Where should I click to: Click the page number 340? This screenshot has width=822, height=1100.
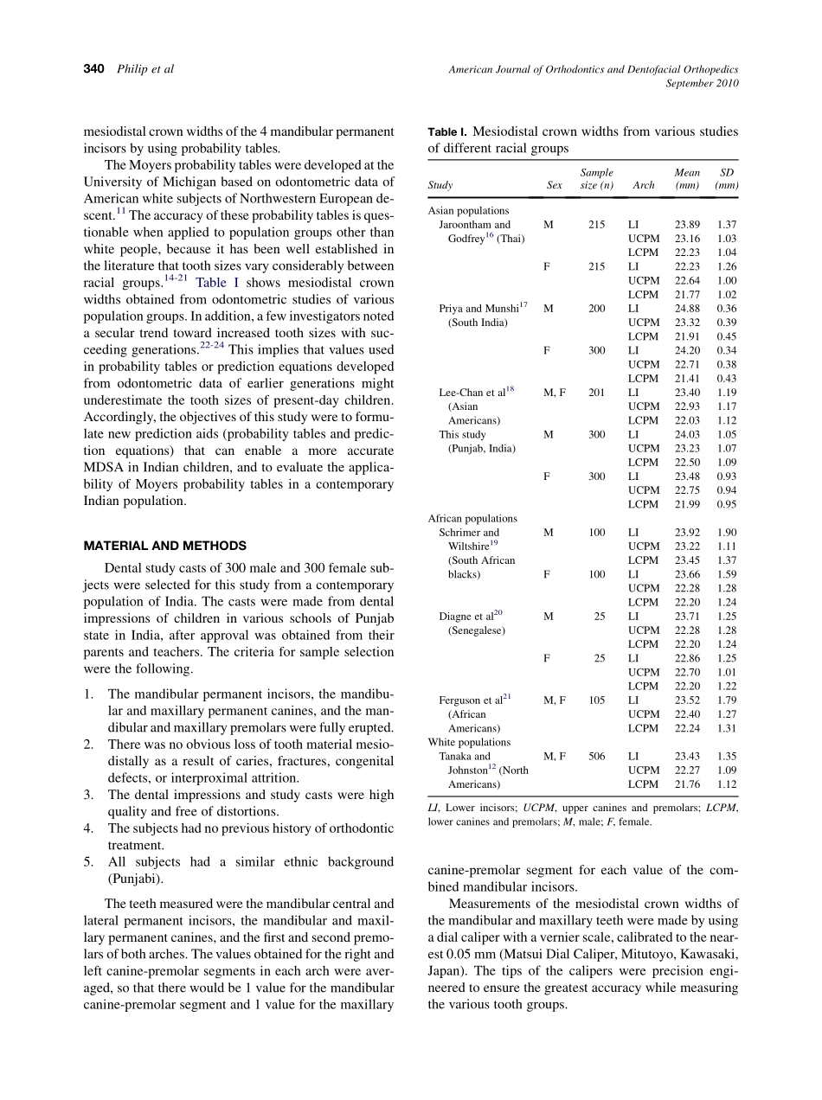pyautogui.click(x=93, y=68)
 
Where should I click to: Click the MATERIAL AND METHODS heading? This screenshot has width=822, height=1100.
pyautogui.click(x=164, y=546)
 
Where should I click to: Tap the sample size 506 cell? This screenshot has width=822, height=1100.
pyautogui.click(x=596, y=757)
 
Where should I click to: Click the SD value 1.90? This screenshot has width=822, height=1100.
pyautogui.click(x=727, y=533)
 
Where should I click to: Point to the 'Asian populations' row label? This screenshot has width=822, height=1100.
pyautogui.click(x=468, y=210)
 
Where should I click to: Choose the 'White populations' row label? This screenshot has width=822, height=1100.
pyautogui.click(x=469, y=742)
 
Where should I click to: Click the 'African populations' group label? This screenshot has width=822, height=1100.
pyautogui.click(x=472, y=518)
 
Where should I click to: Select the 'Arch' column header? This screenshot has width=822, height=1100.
pyautogui.click(x=643, y=185)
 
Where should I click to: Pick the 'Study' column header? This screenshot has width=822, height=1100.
pyautogui.click(x=440, y=185)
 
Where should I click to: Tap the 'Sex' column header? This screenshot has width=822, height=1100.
pyautogui.click(x=554, y=185)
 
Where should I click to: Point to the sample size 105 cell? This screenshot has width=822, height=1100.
pyautogui.click(x=596, y=700)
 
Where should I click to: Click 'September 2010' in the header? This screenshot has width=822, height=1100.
pyautogui.click(x=702, y=83)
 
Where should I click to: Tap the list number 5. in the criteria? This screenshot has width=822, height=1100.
pyautogui.click(x=88, y=862)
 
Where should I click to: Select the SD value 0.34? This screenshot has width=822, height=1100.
pyautogui.click(x=727, y=350)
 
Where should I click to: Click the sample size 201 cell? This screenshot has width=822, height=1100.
pyautogui.click(x=596, y=393)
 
